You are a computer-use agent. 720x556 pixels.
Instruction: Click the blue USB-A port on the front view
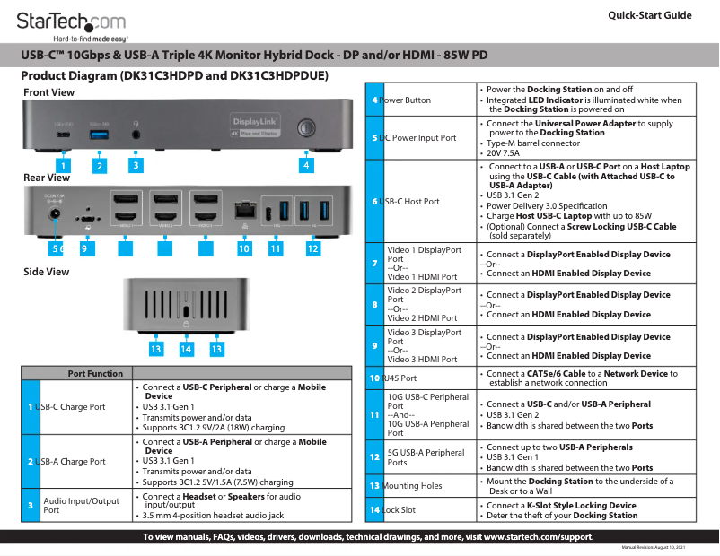point(99,134)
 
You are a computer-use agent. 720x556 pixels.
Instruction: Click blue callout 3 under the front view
point(136,165)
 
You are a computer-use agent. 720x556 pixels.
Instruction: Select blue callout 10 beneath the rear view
point(243,248)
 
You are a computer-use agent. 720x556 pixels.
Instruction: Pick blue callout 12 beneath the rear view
point(312,248)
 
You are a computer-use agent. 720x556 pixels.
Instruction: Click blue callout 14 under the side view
point(186,348)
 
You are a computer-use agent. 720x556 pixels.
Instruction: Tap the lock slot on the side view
point(186,311)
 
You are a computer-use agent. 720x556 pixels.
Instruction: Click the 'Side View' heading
point(47,272)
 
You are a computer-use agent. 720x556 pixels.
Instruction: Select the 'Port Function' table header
point(95,373)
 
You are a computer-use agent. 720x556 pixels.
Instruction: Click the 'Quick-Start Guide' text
point(649,15)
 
